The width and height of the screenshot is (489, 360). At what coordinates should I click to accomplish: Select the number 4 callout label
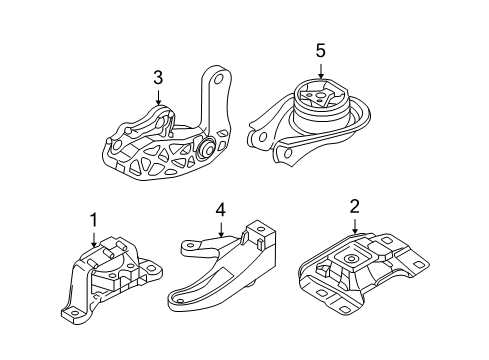(x=221, y=212)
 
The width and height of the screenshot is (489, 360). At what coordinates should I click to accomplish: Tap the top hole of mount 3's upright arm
(x=214, y=77)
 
